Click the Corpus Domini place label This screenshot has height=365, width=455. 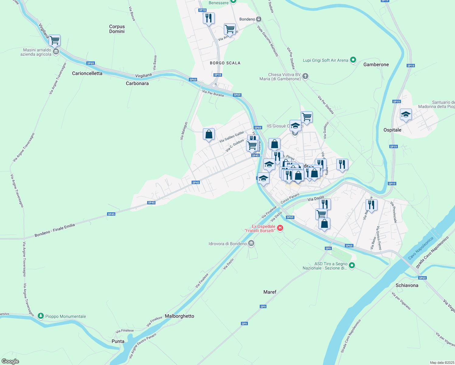click(117, 29)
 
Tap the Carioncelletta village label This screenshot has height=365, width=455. click(87, 73)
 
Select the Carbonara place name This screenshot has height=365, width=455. click(137, 83)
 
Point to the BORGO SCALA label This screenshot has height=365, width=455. click(225, 63)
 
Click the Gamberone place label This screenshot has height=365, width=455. click(376, 64)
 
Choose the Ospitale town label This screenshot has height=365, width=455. click(392, 130)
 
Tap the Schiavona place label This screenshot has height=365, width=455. click(407, 285)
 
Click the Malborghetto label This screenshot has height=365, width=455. click(179, 316)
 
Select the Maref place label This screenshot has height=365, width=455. click(270, 292)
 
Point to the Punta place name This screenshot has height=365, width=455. click(118, 341)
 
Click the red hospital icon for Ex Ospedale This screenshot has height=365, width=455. click(280, 228)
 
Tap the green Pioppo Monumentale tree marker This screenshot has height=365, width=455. click(41, 316)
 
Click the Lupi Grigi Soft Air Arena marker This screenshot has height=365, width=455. click(353, 60)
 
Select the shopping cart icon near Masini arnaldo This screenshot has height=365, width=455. click(54, 40)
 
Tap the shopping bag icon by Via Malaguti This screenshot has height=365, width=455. click(209, 134)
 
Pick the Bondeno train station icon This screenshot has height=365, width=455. click(259, 19)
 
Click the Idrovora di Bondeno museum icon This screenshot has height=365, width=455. click(251, 243)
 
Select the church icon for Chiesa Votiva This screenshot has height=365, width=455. click(305, 76)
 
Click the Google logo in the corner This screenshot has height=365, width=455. click(10, 361)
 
